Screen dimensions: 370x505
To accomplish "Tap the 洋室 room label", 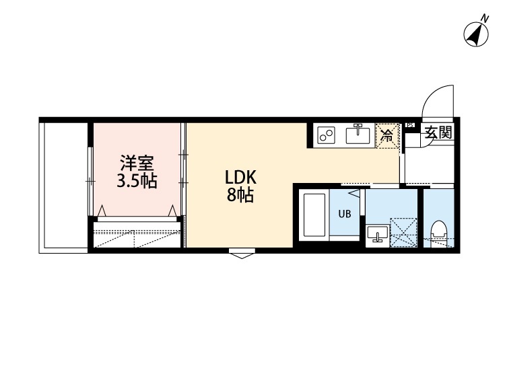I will pyautogui.click(x=137, y=163).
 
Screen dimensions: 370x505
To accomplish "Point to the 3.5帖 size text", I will pyautogui.click(x=137, y=181).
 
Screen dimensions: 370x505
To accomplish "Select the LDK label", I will pyautogui.click(x=240, y=178).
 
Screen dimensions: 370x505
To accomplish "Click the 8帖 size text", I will pyautogui.click(x=240, y=196).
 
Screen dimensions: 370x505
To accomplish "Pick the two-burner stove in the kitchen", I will pyautogui.click(x=327, y=135).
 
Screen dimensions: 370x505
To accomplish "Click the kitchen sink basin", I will pyautogui.click(x=358, y=135).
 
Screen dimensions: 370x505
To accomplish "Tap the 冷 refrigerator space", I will pyautogui.click(x=387, y=135).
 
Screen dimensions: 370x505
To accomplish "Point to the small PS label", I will pyautogui.click(x=410, y=124).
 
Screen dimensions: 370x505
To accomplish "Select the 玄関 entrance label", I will pyautogui.click(x=437, y=133).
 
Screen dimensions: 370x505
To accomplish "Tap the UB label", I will pyautogui.click(x=344, y=215).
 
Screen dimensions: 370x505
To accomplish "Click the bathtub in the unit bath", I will pyautogui.click(x=314, y=217).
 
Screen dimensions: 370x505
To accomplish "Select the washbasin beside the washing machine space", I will pyautogui.click(x=376, y=234).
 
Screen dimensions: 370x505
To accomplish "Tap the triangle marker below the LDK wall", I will pyautogui.click(x=241, y=254).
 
